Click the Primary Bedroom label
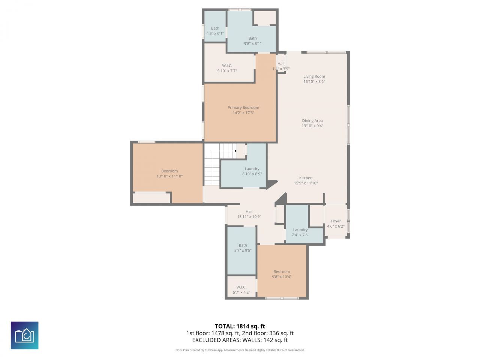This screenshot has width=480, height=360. (x=243, y=108)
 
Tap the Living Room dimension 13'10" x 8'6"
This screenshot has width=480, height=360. (x=314, y=81)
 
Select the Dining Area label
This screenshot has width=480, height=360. (x=312, y=121)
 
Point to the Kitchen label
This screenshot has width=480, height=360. (x=306, y=178)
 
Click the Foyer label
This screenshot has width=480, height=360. (x=336, y=221)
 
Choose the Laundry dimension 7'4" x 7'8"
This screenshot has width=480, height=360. (x=300, y=235)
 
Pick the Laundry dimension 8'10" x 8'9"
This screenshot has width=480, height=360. (x=252, y=174)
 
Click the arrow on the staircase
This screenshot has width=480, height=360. (x=235, y=151)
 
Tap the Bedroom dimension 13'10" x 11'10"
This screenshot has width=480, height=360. (x=169, y=176)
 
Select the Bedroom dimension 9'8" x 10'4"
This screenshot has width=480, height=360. (x=282, y=277)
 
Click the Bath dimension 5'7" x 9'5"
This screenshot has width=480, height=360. (x=243, y=250)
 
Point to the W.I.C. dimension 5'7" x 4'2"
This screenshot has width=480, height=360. (x=241, y=292)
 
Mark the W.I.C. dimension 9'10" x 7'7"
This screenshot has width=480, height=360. (x=227, y=71)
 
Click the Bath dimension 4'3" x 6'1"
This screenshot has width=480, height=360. (x=215, y=33)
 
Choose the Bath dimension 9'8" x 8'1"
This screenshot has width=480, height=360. (x=252, y=43)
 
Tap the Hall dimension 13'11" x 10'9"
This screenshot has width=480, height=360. (x=249, y=217)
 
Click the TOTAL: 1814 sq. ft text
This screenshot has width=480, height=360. (x=240, y=326)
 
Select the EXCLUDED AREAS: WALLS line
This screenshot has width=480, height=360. (x=240, y=340)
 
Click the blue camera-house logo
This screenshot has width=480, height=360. (x=24, y=335)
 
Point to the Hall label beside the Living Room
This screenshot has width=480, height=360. (x=281, y=64)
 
